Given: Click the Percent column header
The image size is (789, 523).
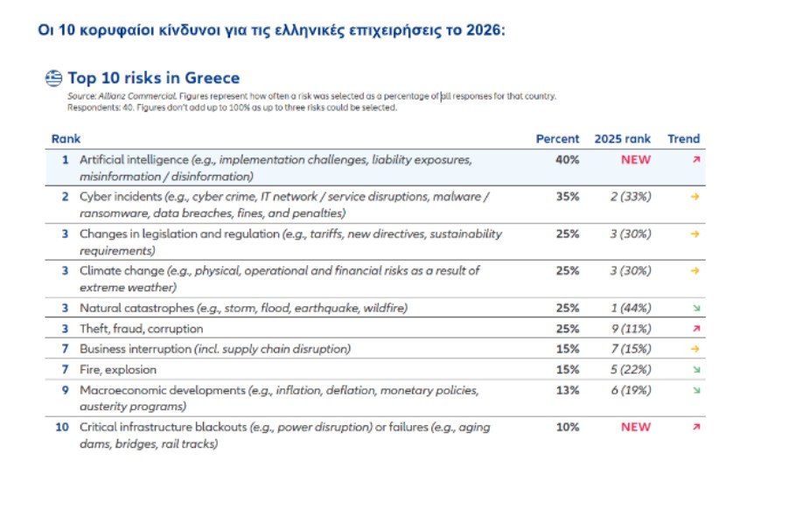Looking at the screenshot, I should click(557, 139).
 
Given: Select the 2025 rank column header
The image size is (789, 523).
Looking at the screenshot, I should click(623, 139).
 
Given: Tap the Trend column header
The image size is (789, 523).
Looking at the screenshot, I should click(684, 139).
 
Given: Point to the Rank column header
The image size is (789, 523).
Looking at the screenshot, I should click(66, 139).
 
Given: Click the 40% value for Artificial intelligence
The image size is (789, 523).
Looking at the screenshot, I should click(567, 161).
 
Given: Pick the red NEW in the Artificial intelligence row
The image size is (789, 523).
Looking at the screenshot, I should click(636, 161).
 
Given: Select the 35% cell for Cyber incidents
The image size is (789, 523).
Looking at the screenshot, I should click(567, 197).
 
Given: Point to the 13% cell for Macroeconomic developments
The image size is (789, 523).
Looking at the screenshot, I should click(567, 390).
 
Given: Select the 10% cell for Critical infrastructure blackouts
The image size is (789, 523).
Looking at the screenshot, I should click(567, 427).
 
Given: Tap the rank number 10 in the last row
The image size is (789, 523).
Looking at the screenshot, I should click(61, 427).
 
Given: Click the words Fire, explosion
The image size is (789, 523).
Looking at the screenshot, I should click(116, 370).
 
